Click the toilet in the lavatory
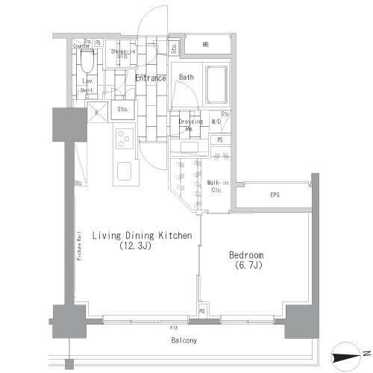coord(86,59)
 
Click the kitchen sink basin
coord(124,173)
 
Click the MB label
coord(206,45)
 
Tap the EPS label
coord(274,195)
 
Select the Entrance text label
coord(150,77)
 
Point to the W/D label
coord(216,122)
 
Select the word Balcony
coord(181,341)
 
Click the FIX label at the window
coord(173,327)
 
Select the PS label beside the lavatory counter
coord(98,43)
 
